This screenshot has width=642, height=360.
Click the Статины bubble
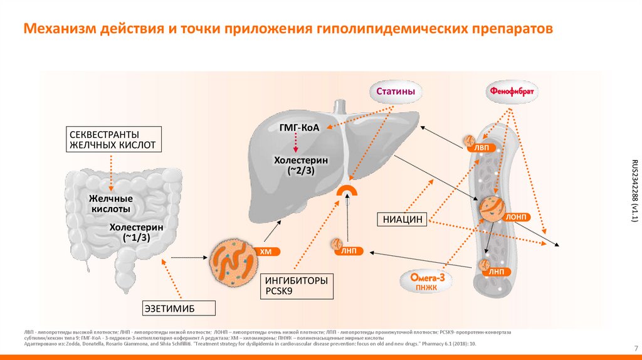[396, 92]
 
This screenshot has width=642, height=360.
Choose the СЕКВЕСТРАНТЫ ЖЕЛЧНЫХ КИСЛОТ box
[113, 140]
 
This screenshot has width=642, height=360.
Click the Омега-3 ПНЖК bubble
[428, 282]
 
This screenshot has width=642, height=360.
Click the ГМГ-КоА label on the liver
[299, 129]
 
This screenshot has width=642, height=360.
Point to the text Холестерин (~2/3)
[301, 166]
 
